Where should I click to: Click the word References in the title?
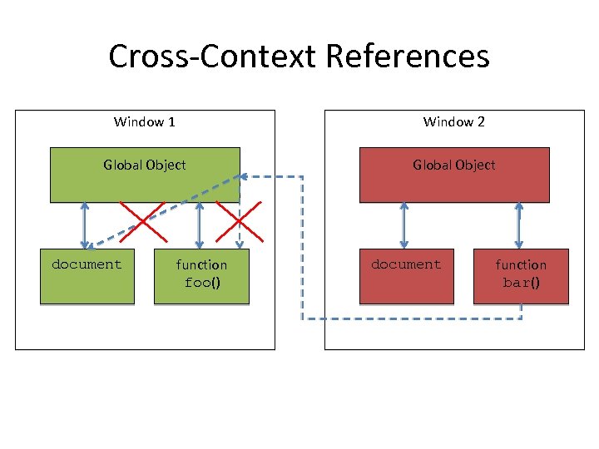tap(408, 57)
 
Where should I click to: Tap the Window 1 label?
tap(144, 122)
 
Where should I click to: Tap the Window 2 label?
tap(454, 122)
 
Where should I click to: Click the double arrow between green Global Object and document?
tap(84, 225)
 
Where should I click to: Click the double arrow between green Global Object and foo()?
tap(198, 225)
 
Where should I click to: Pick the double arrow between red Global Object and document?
tap(404, 225)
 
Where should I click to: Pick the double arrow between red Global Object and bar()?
tap(519, 225)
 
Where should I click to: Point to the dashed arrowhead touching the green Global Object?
tap(243, 175)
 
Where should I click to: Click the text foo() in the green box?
tap(201, 282)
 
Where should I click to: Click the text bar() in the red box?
tap(521, 282)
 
